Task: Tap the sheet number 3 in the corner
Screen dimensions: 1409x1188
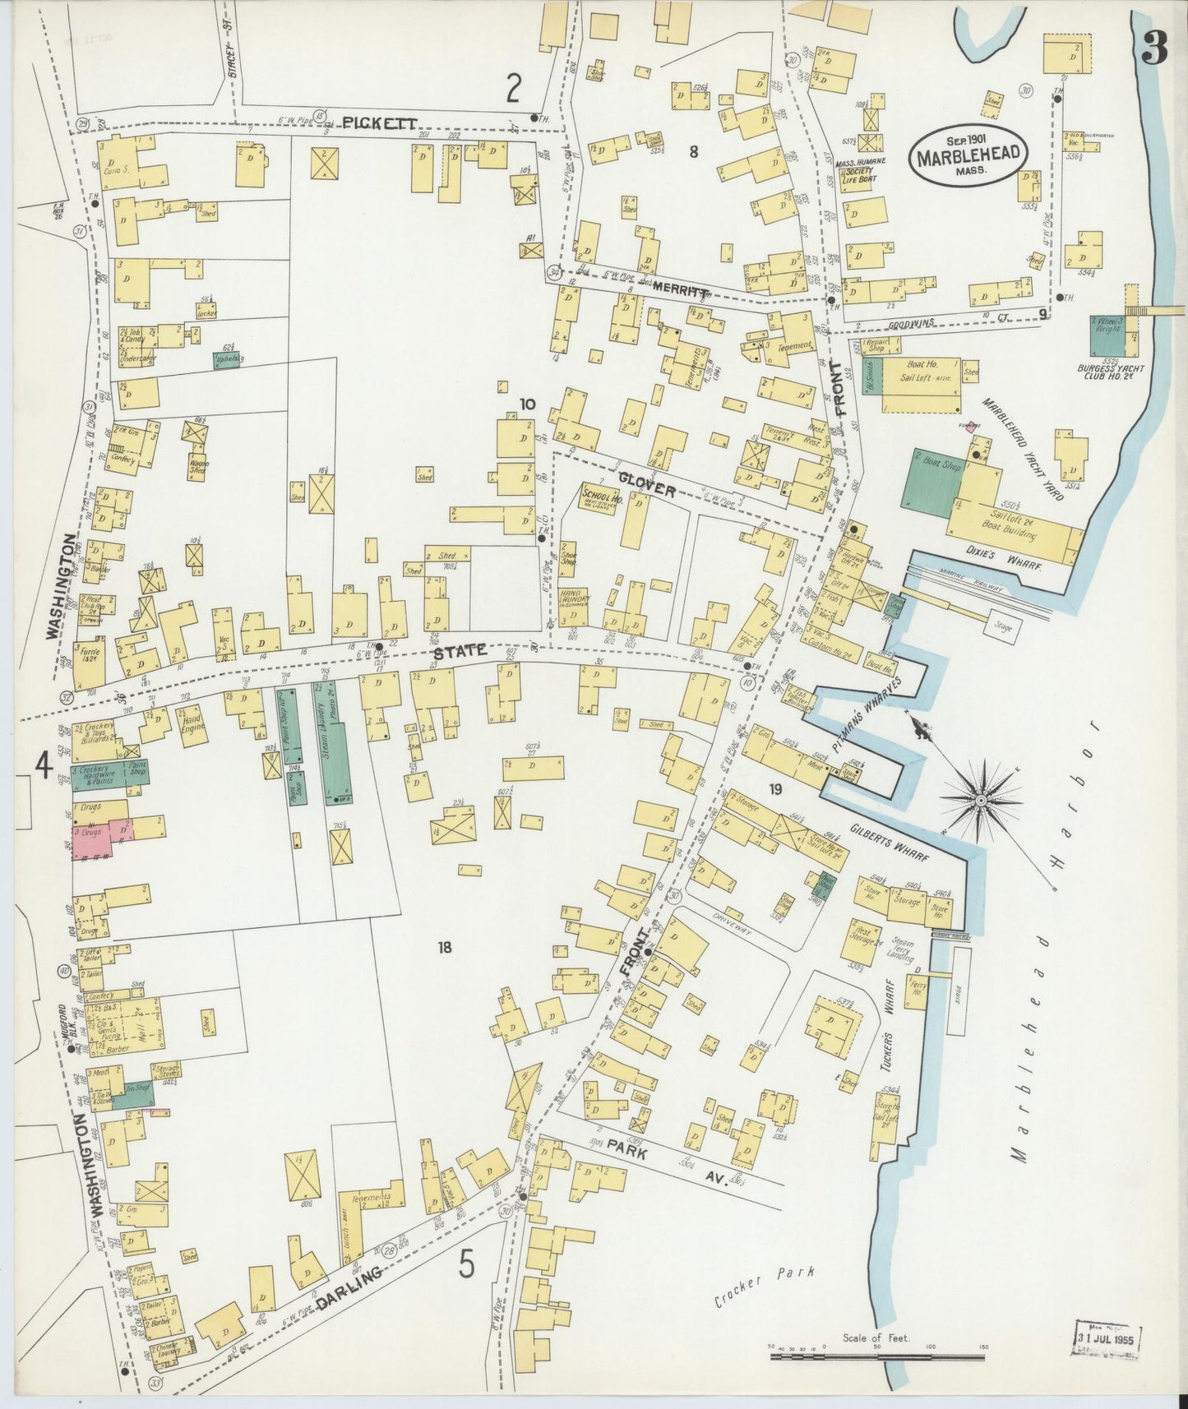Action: click(1153, 51)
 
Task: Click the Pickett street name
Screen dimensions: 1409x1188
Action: click(380, 122)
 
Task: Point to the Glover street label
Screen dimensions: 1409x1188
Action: click(648, 490)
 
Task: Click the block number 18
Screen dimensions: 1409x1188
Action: click(445, 948)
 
